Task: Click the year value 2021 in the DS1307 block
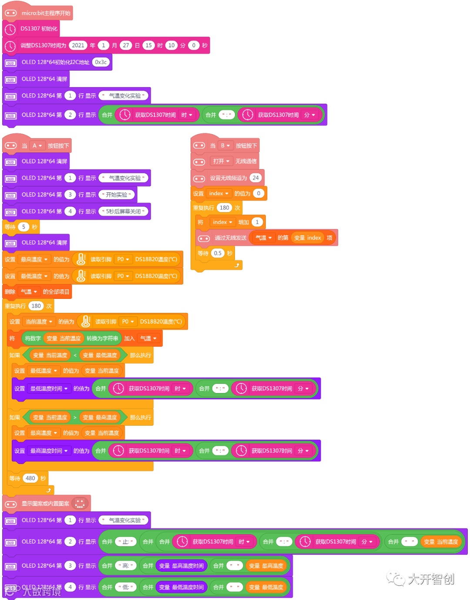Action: pyautogui.click(x=78, y=45)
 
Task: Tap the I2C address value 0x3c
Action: pyautogui.click(x=101, y=62)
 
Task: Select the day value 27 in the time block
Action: pyautogui.click(x=126, y=45)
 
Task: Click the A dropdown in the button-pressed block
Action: pyautogui.click(x=37, y=146)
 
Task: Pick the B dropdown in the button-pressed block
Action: pyautogui.click(x=225, y=146)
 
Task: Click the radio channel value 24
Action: pyautogui.click(x=255, y=178)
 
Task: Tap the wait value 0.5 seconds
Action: pyautogui.click(x=218, y=253)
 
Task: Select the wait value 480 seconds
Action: pyautogui.click(x=30, y=478)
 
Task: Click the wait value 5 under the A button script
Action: pyautogui.click(x=23, y=227)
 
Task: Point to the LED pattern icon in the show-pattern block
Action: pyautogui.click(x=80, y=504)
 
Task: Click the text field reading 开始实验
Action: pyautogui.click(x=117, y=195)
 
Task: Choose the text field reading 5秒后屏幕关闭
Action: pyautogui.click(x=123, y=211)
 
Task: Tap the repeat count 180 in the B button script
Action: pyautogui.click(x=225, y=208)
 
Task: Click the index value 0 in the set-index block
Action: pyautogui.click(x=258, y=193)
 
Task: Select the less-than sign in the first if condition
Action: pyautogui.click(x=75, y=356)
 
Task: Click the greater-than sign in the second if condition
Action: pyautogui.click(x=75, y=417)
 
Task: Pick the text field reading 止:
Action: pyautogui.click(x=126, y=542)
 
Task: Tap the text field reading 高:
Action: pyautogui.click(x=126, y=566)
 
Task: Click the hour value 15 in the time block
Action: pyautogui.click(x=149, y=45)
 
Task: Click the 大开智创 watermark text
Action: pyautogui.click(x=430, y=579)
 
